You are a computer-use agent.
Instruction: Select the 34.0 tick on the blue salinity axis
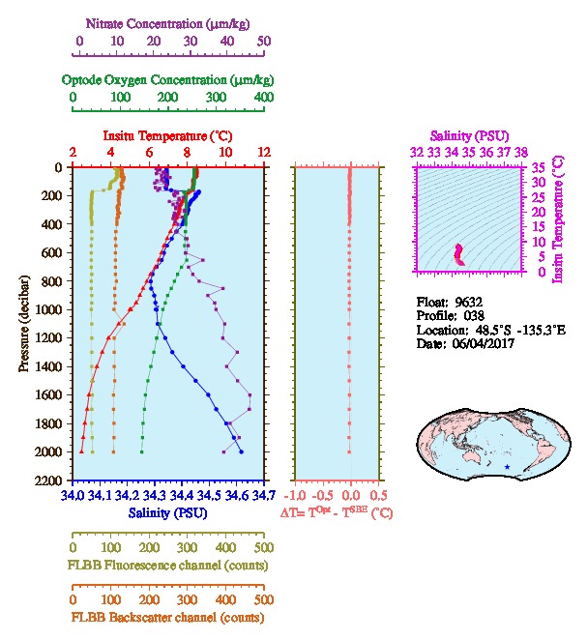[73, 496]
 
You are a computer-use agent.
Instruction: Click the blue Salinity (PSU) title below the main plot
[167, 511]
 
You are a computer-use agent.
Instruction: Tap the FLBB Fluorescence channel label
[167, 566]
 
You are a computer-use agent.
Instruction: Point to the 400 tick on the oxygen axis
[263, 98]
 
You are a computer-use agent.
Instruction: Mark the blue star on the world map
[507, 467]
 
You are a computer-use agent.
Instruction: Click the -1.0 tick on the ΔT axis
[299, 496]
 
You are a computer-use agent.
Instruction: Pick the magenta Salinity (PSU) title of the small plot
[467, 136]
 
